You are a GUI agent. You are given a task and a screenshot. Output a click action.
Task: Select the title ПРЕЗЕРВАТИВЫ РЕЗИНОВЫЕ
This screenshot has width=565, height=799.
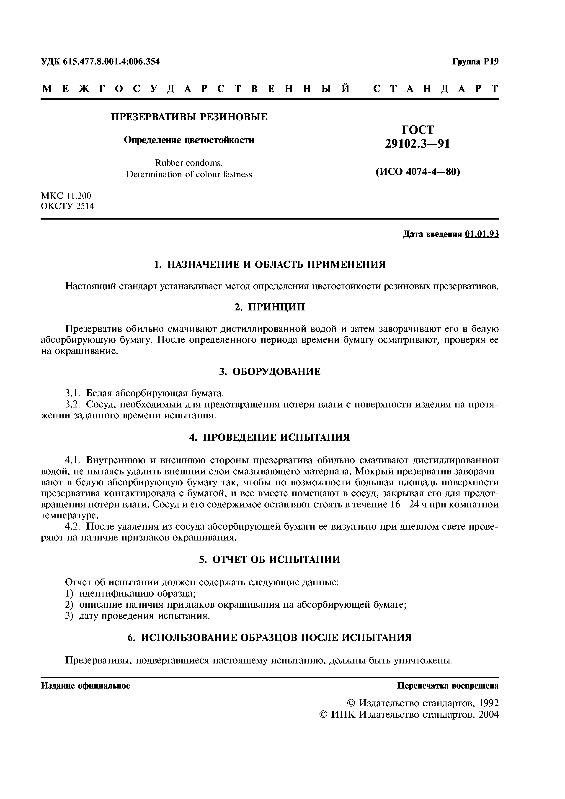(x=189, y=117)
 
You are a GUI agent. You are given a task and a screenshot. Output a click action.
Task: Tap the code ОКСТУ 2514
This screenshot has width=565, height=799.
(x=67, y=206)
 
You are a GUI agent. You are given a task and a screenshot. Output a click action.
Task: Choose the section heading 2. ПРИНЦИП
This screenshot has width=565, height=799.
(x=270, y=307)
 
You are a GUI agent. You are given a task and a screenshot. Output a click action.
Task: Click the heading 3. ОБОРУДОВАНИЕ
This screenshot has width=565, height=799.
(x=270, y=372)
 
